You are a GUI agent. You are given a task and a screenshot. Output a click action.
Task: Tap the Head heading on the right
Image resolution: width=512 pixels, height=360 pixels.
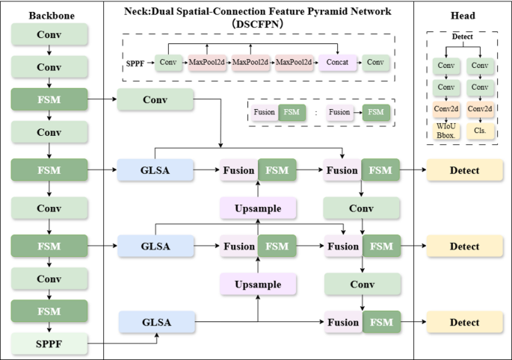coord(463,16)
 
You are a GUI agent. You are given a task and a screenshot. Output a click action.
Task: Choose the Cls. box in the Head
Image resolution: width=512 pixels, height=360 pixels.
coord(478,129)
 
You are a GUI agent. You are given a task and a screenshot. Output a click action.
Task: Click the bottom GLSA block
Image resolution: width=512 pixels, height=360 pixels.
coord(155,323)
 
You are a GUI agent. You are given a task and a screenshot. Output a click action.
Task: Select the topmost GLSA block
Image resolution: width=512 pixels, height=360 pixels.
coord(155,170)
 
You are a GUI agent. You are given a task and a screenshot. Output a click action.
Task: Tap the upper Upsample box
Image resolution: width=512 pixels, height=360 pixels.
coord(258,208)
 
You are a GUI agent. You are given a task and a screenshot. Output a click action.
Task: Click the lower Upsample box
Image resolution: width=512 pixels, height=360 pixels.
coord(258,284)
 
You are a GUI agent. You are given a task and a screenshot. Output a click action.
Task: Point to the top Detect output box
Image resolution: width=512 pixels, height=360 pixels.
coord(464,170)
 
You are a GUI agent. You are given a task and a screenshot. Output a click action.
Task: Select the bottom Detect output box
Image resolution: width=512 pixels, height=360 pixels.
coord(464,323)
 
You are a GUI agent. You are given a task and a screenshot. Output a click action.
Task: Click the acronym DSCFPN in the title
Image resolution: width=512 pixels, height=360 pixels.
coord(258,24)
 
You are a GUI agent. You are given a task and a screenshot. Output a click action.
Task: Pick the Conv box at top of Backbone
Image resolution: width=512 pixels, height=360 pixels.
coord(49,34)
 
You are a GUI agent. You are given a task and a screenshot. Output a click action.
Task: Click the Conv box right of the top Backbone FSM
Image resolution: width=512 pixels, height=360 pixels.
coord(155,99)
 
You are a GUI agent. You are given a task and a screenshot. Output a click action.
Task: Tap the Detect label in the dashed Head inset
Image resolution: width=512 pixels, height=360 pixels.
coord(462,36)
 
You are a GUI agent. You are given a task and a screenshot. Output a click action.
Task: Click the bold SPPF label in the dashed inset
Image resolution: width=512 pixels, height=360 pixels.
coord(135,62)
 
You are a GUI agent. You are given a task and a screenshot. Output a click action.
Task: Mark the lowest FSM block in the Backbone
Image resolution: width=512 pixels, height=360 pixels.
coord(49,310)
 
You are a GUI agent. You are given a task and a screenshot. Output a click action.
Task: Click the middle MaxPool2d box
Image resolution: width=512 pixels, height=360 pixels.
coord(250,62)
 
